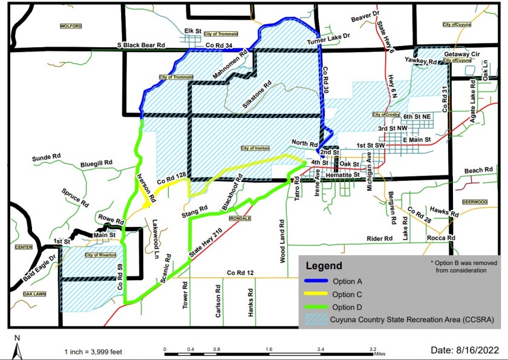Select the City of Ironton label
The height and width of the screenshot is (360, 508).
pyautogui.click(x=255, y=148)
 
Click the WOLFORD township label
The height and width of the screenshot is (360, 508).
pyautogui.click(x=71, y=26)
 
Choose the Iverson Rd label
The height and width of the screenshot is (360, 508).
pyautogui.click(x=145, y=188)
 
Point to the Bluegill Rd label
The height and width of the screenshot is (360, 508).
pyautogui.click(x=97, y=163)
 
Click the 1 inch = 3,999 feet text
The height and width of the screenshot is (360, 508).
pyautogui.click(x=92, y=352)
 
